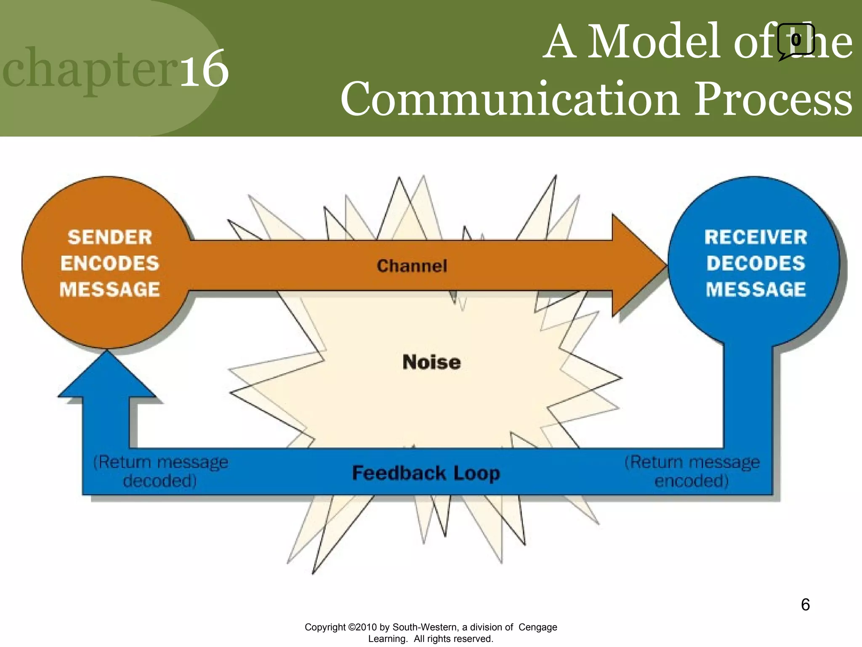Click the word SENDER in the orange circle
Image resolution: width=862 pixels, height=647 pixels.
[110, 237]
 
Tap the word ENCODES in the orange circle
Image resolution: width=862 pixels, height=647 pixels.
[110, 263]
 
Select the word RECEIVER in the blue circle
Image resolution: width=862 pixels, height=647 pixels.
[756, 237]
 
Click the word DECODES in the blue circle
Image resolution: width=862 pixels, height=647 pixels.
[756, 263]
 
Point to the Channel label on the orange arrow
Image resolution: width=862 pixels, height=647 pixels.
[412, 266]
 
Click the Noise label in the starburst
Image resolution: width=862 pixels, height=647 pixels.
[431, 362]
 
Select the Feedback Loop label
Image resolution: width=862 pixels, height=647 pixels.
[426, 473]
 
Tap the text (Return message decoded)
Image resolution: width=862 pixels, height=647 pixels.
[160, 471]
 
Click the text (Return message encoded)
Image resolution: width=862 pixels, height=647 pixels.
[692, 471]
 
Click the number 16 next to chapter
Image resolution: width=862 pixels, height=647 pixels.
[205, 69]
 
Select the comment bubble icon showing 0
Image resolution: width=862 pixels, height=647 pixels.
[795, 41]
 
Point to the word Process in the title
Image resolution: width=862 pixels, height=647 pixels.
[773, 99]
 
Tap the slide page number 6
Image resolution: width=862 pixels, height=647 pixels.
[805, 604]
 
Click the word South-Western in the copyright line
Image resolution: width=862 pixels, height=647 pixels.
[426, 627]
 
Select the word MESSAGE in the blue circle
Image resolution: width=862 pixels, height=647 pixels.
[756, 289]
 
